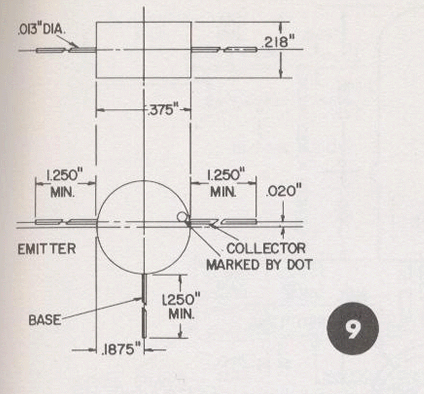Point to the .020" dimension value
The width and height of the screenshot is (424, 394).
click(284, 191)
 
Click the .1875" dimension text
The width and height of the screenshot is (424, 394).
click(121, 349)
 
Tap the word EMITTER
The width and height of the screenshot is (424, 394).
click(47, 249)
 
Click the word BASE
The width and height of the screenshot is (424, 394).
click(45, 320)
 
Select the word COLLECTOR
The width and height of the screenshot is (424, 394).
click(266, 248)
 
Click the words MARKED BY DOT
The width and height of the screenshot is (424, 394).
click(259, 265)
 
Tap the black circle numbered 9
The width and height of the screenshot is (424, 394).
click(353, 328)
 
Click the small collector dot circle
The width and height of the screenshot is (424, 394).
click(182, 216)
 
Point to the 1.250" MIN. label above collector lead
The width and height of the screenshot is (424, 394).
click(224, 183)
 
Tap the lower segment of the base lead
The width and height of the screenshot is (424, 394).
click(144, 323)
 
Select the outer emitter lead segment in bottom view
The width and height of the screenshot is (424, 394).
click(49, 222)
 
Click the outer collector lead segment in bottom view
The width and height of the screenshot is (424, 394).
click(239, 222)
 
